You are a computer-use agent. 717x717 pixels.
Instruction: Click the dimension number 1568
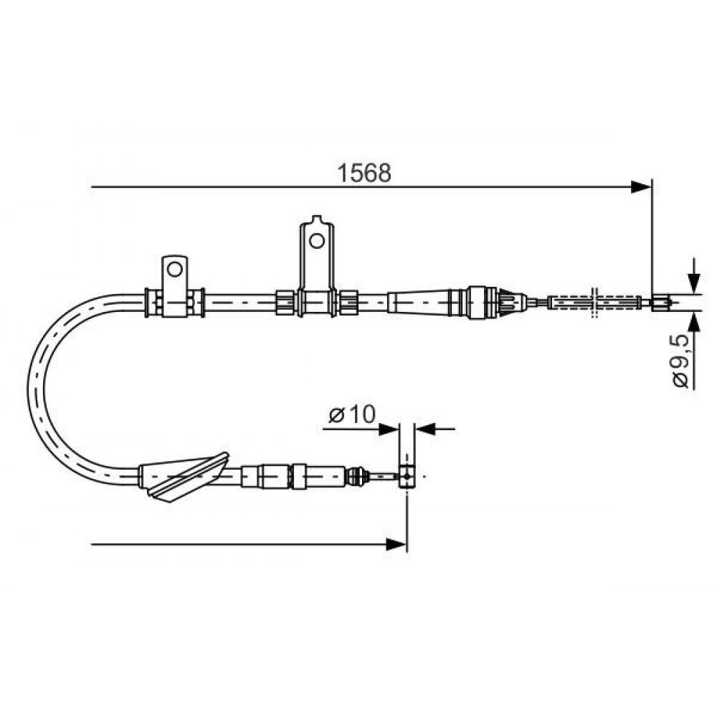pos(364,174)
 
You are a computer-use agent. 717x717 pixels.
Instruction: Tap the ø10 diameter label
pos(351,414)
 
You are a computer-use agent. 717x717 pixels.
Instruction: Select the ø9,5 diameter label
pos(680,361)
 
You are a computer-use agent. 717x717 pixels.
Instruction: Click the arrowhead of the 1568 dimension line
pos(641,187)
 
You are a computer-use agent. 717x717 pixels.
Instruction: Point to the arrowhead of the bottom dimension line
pos(396,545)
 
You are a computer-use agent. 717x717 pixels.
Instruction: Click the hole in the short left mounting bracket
pos(175,270)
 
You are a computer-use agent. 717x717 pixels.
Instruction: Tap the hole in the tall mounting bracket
pos(316,240)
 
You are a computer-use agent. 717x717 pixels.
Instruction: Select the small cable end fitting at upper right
pos(661,303)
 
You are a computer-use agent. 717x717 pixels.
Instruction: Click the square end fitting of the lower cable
pos(407,477)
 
